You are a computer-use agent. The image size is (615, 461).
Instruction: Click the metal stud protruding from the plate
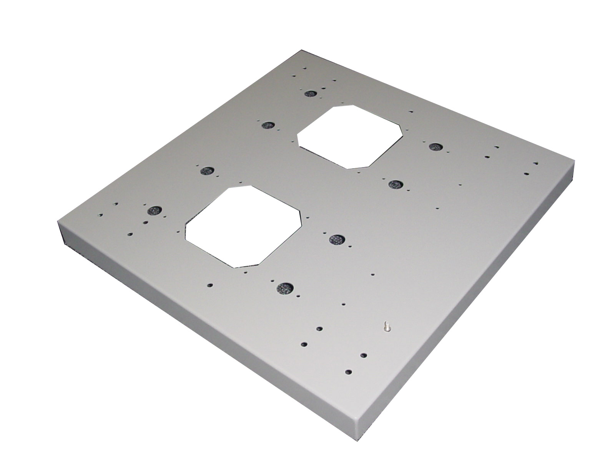(x=387, y=327)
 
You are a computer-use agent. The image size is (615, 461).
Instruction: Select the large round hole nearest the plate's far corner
(x=310, y=93)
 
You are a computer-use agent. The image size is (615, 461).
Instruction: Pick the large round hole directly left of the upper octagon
(x=267, y=125)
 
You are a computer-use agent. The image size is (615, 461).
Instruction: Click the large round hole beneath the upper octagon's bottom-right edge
(x=394, y=184)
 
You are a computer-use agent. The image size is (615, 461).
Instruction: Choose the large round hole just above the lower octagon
(x=208, y=170)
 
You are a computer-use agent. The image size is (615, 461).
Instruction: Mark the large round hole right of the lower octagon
(x=337, y=239)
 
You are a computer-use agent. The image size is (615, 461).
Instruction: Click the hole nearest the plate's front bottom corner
(x=349, y=372)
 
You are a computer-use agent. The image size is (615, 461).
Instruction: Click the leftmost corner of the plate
(x=58, y=222)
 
